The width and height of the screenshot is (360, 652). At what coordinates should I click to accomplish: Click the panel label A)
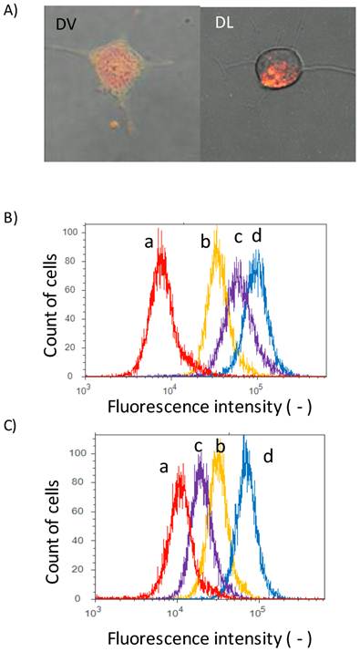(x=14, y=11)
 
